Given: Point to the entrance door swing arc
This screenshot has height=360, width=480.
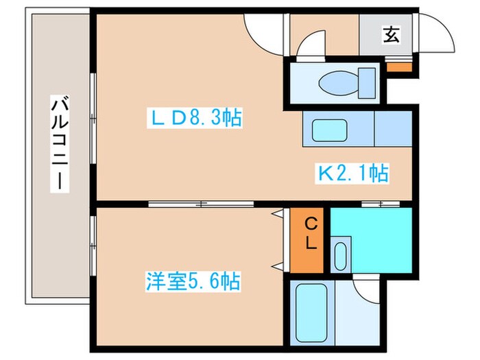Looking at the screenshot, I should click(x=436, y=31).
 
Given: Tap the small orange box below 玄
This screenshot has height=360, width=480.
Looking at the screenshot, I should click(x=398, y=67).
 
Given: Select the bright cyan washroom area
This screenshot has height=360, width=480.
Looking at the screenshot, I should click(x=374, y=233).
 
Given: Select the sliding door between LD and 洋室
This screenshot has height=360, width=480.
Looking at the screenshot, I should click(x=200, y=204).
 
